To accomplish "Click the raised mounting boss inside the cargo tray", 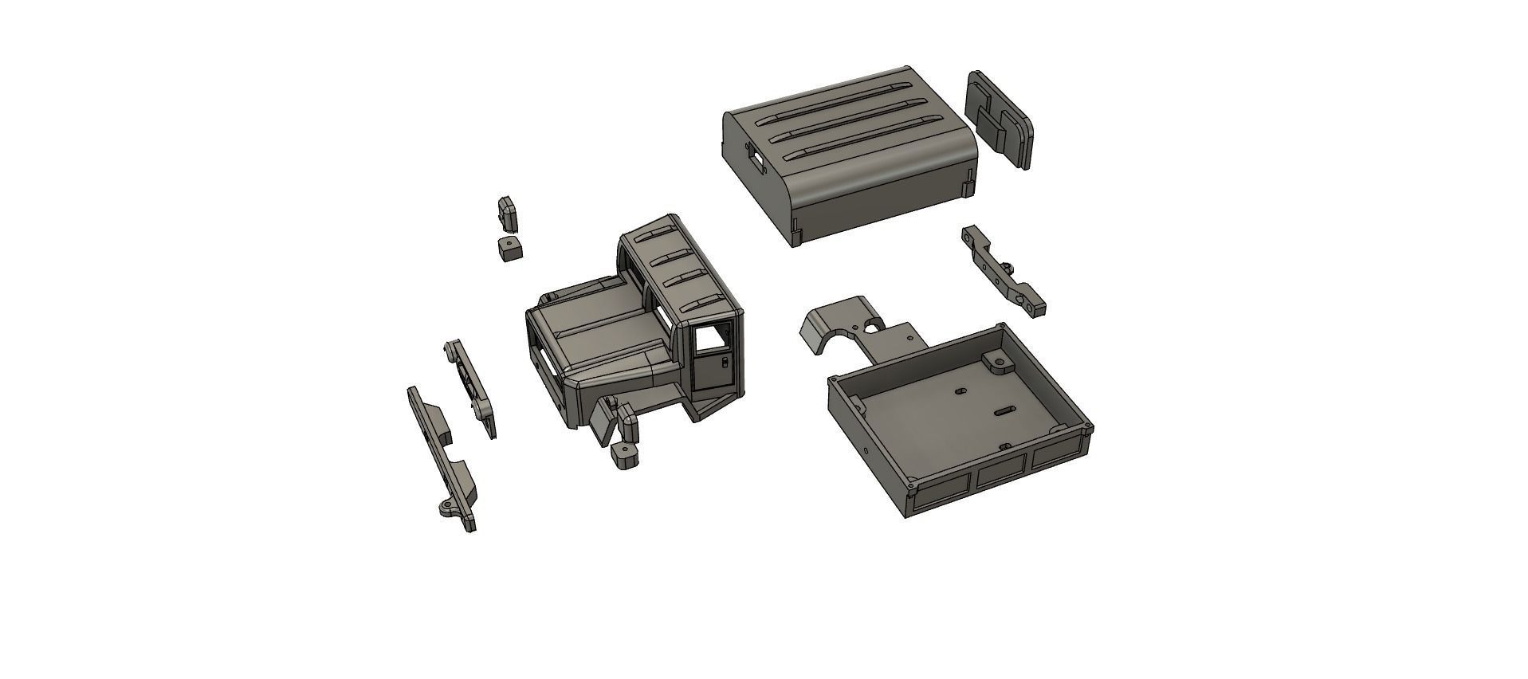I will [x=997, y=363].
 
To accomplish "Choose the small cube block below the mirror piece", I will [x=508, y=248].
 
